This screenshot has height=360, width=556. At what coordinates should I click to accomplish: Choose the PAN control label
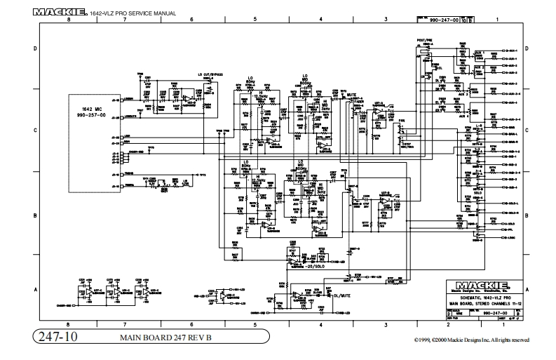click(402, 121)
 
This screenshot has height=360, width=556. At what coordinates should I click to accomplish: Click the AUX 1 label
click(480, 53)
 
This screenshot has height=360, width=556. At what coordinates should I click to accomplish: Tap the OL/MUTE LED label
click(342, 295)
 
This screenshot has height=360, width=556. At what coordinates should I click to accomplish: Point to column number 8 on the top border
click(68, 20)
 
